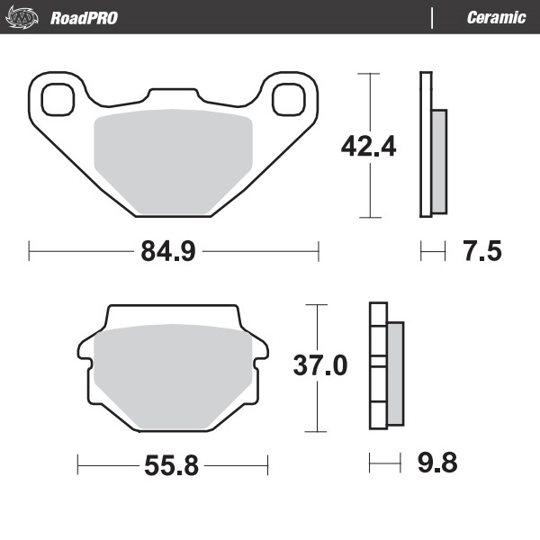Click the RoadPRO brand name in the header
pos(83,18)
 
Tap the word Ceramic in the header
pos(496,18)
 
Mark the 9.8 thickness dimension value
pos(437,464)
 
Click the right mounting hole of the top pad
pos(288,97)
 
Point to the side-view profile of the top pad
pos(430,144)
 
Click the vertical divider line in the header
pos(434,18)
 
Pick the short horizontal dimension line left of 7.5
pos(433,251)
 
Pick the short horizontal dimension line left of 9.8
pos(384,464)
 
